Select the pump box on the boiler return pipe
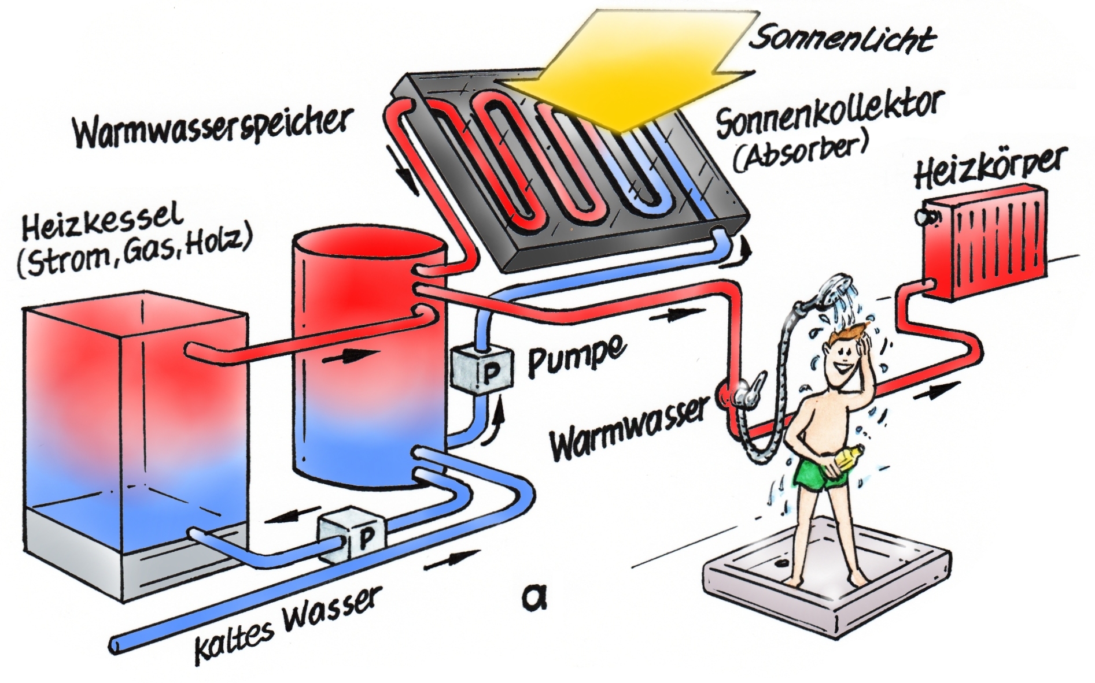pos(351,534)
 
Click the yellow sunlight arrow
pos(625,69)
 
